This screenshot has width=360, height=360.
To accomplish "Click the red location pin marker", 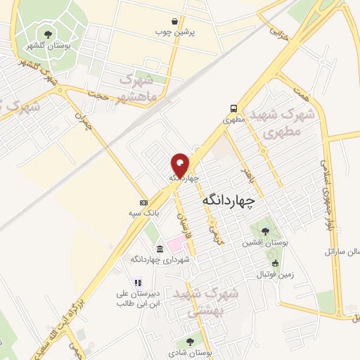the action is [x=180, y=165].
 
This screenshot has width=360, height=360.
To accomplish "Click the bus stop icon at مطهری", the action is [x=233, y=108].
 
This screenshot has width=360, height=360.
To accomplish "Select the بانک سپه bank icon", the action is [x=143, y=202].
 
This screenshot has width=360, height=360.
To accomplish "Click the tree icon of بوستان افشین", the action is [x=265, y=231].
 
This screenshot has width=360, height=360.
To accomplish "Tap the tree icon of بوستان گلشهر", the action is [x=48, y=33].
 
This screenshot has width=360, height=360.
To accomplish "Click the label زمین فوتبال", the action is [x=275, y=273].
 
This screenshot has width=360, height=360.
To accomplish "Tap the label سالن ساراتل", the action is [x=341, y=251].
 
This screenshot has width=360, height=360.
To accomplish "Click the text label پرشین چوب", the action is [x=195, y=32].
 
